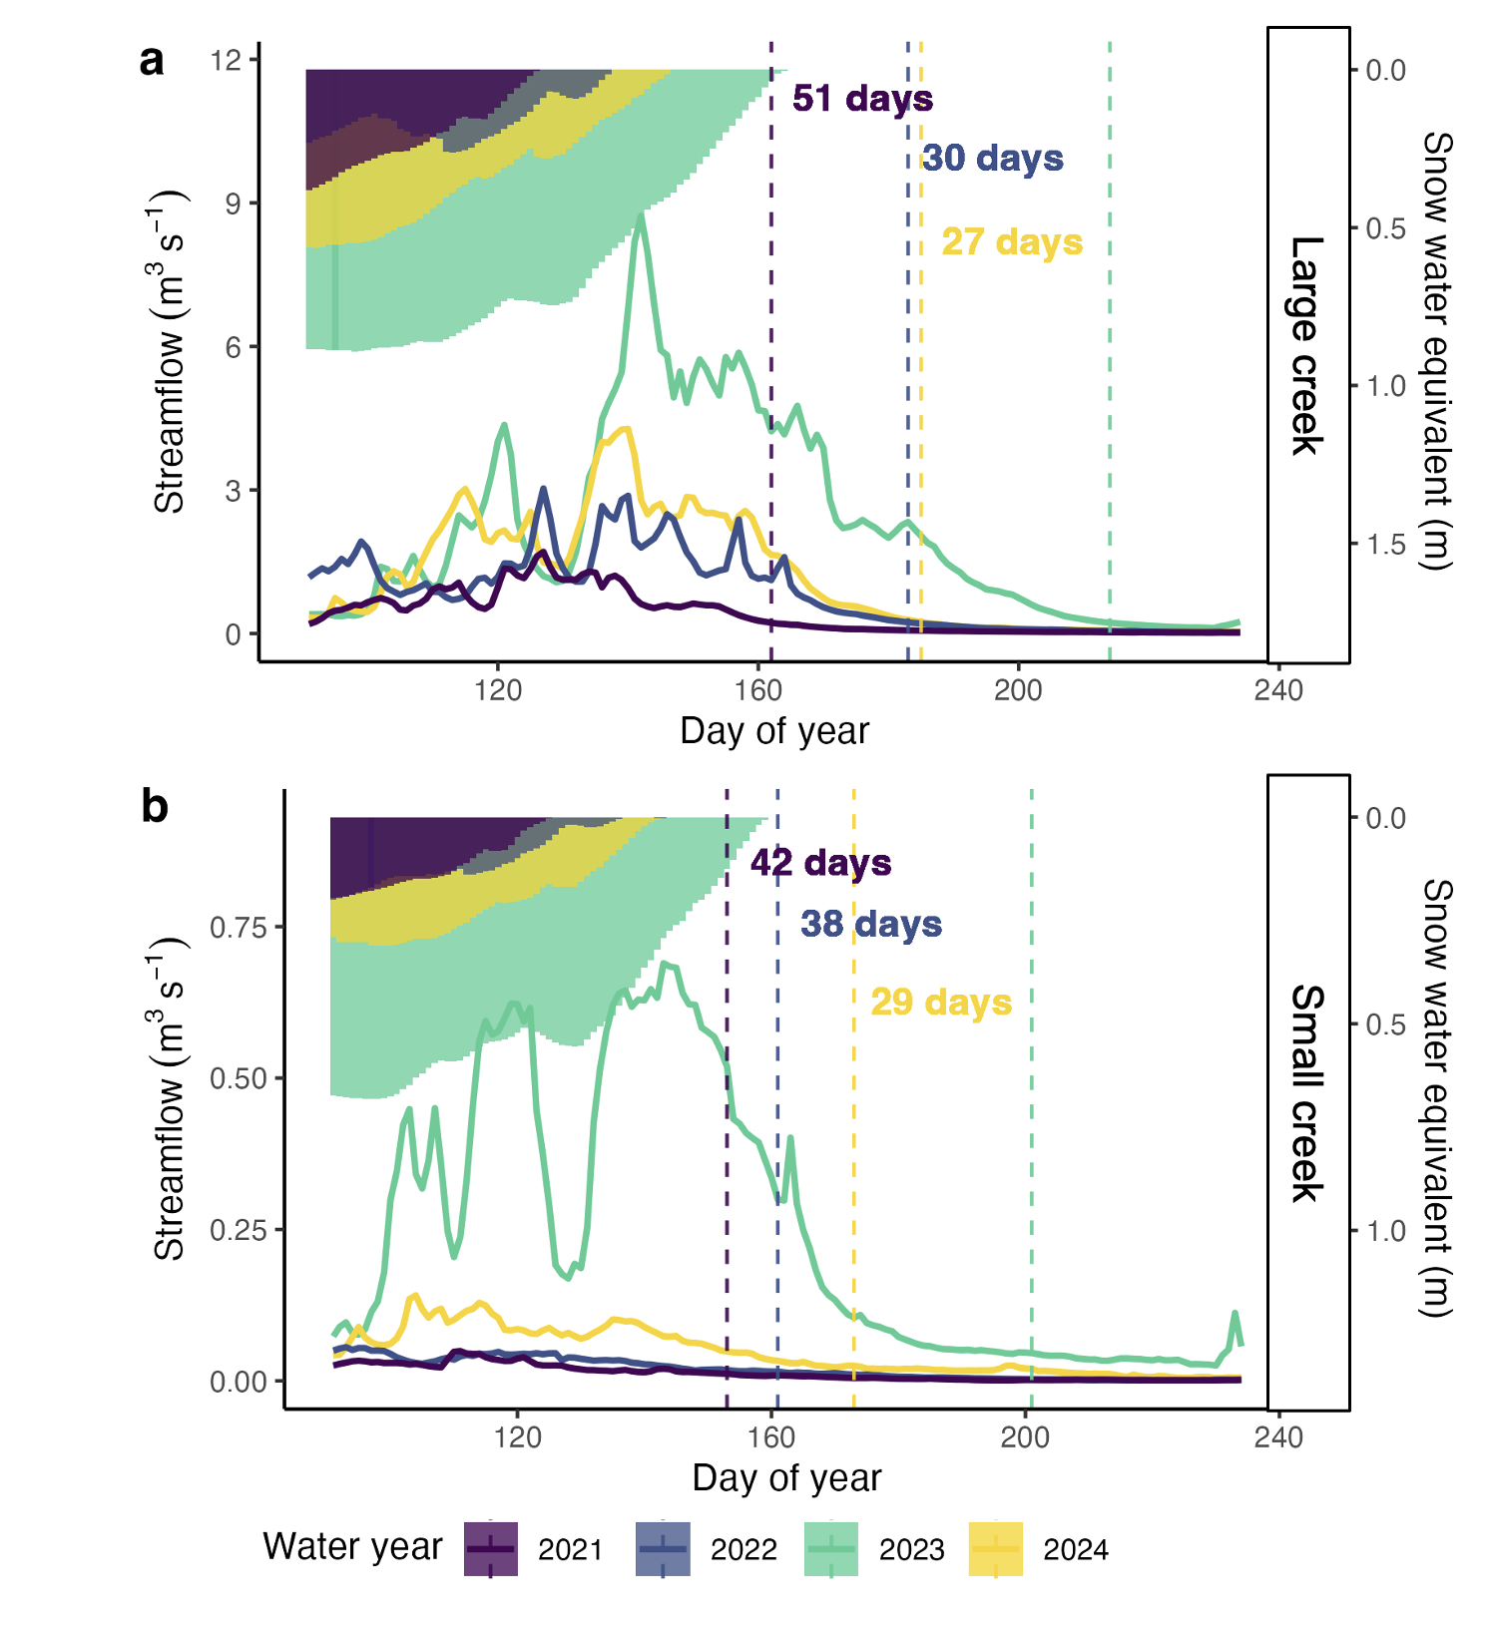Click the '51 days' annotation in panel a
tap(862, 99)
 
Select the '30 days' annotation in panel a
tap(992, 158)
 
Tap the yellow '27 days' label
tap(1012, 241)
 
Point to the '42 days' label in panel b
tap(820, 862)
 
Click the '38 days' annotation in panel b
tap(870, 924)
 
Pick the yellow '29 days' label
tap(940, 1002)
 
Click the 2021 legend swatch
tap(490, 1549)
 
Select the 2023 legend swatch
tap(830, 1549)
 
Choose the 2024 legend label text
tap(1075, 1550)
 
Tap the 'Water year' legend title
tap(352, 1546)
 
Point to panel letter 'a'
tap(152, 61)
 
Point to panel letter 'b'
tap(154, 806)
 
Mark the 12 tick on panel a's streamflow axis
tap(227, 60)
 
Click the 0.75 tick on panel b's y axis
tap(239, 927)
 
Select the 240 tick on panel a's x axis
tap(1278, 690)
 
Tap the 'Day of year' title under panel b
tap(786, 1477)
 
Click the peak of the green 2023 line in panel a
tap(641, 215)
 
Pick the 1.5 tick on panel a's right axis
tap(1386, 544)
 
